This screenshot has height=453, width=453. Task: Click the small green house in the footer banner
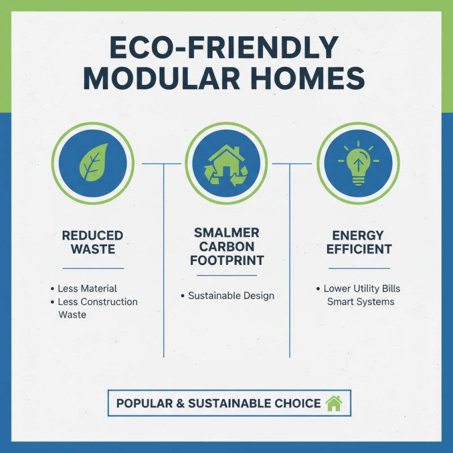click(x=334, y=403)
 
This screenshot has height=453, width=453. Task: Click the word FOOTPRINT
click(x=226, y=262)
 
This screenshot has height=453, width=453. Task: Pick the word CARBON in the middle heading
click(x=226, y=247)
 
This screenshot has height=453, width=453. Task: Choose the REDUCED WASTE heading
click(x=92, y=242)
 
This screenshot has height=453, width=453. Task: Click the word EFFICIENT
click(x=359, y=249)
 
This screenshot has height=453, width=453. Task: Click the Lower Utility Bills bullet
click(x=362, y=289)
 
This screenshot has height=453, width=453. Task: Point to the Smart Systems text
click(x=361, y=302)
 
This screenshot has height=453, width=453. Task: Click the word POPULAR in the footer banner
click(x=144, y=404)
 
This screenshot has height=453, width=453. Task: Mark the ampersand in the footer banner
click(x=180, y=404)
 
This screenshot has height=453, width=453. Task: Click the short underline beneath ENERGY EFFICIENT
click(x=359, y=268)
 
